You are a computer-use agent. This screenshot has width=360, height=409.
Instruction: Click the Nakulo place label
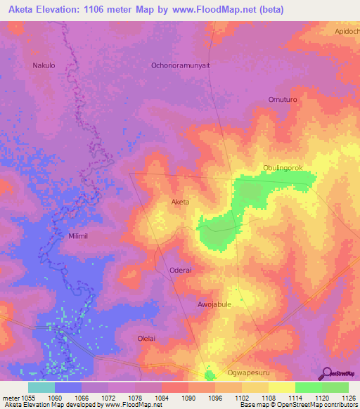(44, 65)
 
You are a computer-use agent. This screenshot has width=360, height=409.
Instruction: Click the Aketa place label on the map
(181, 202)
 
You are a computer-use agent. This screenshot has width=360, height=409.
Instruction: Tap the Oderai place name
(181, 270)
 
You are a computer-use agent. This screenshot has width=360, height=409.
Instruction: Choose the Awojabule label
(214, 304)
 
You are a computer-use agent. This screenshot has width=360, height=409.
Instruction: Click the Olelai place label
(148, 338)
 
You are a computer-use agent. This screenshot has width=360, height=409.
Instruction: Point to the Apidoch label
(347, 32)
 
